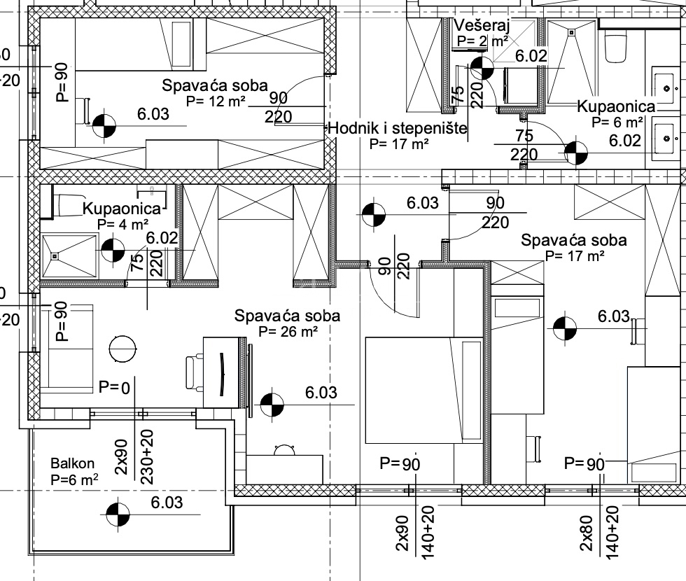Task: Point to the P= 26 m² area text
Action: [x=288, y=331]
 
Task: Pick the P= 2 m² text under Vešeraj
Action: [x=482, y=41]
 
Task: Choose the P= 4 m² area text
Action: [x=123, y=225]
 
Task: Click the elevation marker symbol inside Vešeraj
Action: [x=481, y=68]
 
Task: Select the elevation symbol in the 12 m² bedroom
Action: [x=104, y=125]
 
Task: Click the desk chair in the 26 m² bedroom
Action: [x=190, y=372]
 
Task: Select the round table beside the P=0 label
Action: [x=123, y=348]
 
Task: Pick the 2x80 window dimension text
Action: [x=586, y=535]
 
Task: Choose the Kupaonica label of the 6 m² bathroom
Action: [x=615, y=106]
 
